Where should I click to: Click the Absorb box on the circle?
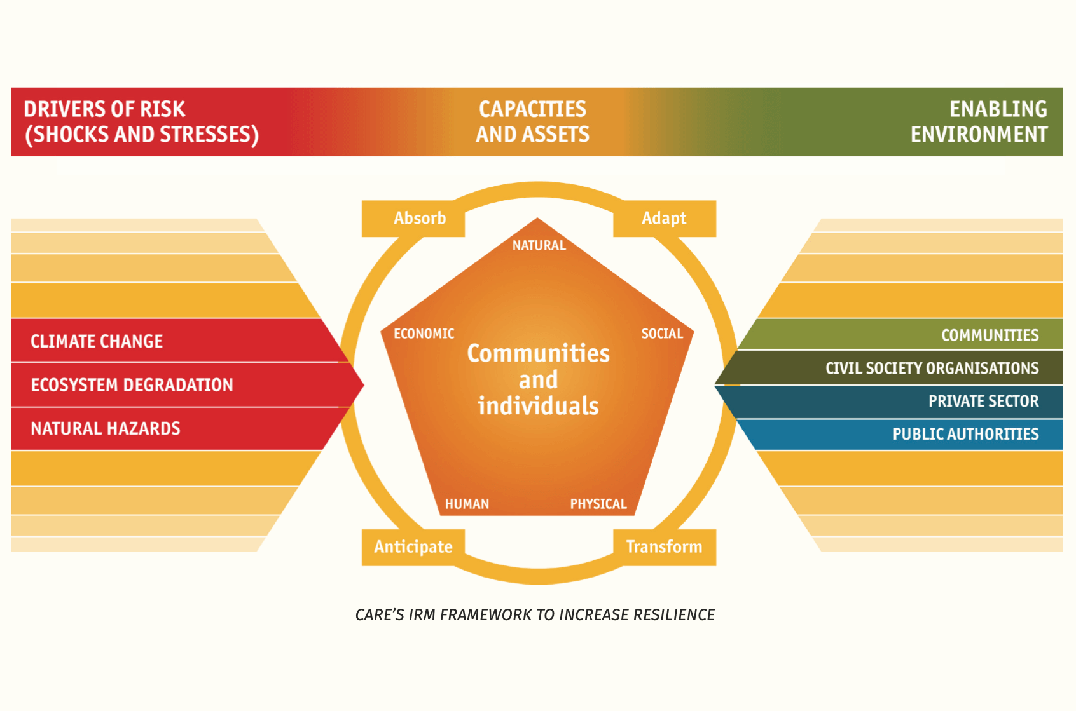click(x=413, y=219)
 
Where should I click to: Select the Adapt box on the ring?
click(x=664, y=219)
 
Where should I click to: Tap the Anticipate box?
click(x=413, y=547)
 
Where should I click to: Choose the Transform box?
click(x=664, y=547)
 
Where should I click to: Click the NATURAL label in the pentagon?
click(x=539, y=246)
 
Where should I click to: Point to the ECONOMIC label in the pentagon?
click(x=424, y=334)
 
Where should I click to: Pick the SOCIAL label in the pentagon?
click(x=661, y=334)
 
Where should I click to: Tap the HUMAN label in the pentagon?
click(x=467, y=504)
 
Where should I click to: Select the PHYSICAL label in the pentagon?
click(x=598, y=504)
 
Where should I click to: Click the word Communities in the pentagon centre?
click(x=538, y=354)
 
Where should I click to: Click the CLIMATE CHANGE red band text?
click(x=97, y=342)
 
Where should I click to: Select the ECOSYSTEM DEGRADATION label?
click(x=132, y=385)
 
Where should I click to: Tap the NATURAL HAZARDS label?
click(x=106, y=429)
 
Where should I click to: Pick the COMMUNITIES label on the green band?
click(x=990, y=335)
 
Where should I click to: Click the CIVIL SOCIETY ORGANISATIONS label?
click(x=932, y=369)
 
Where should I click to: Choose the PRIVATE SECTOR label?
click(x=983, y=402)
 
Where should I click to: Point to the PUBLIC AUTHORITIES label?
click(x=965, y=435)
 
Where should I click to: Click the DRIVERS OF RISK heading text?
click(x=104, y=109)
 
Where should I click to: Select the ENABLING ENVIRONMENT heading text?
click(x=979, y=122)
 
